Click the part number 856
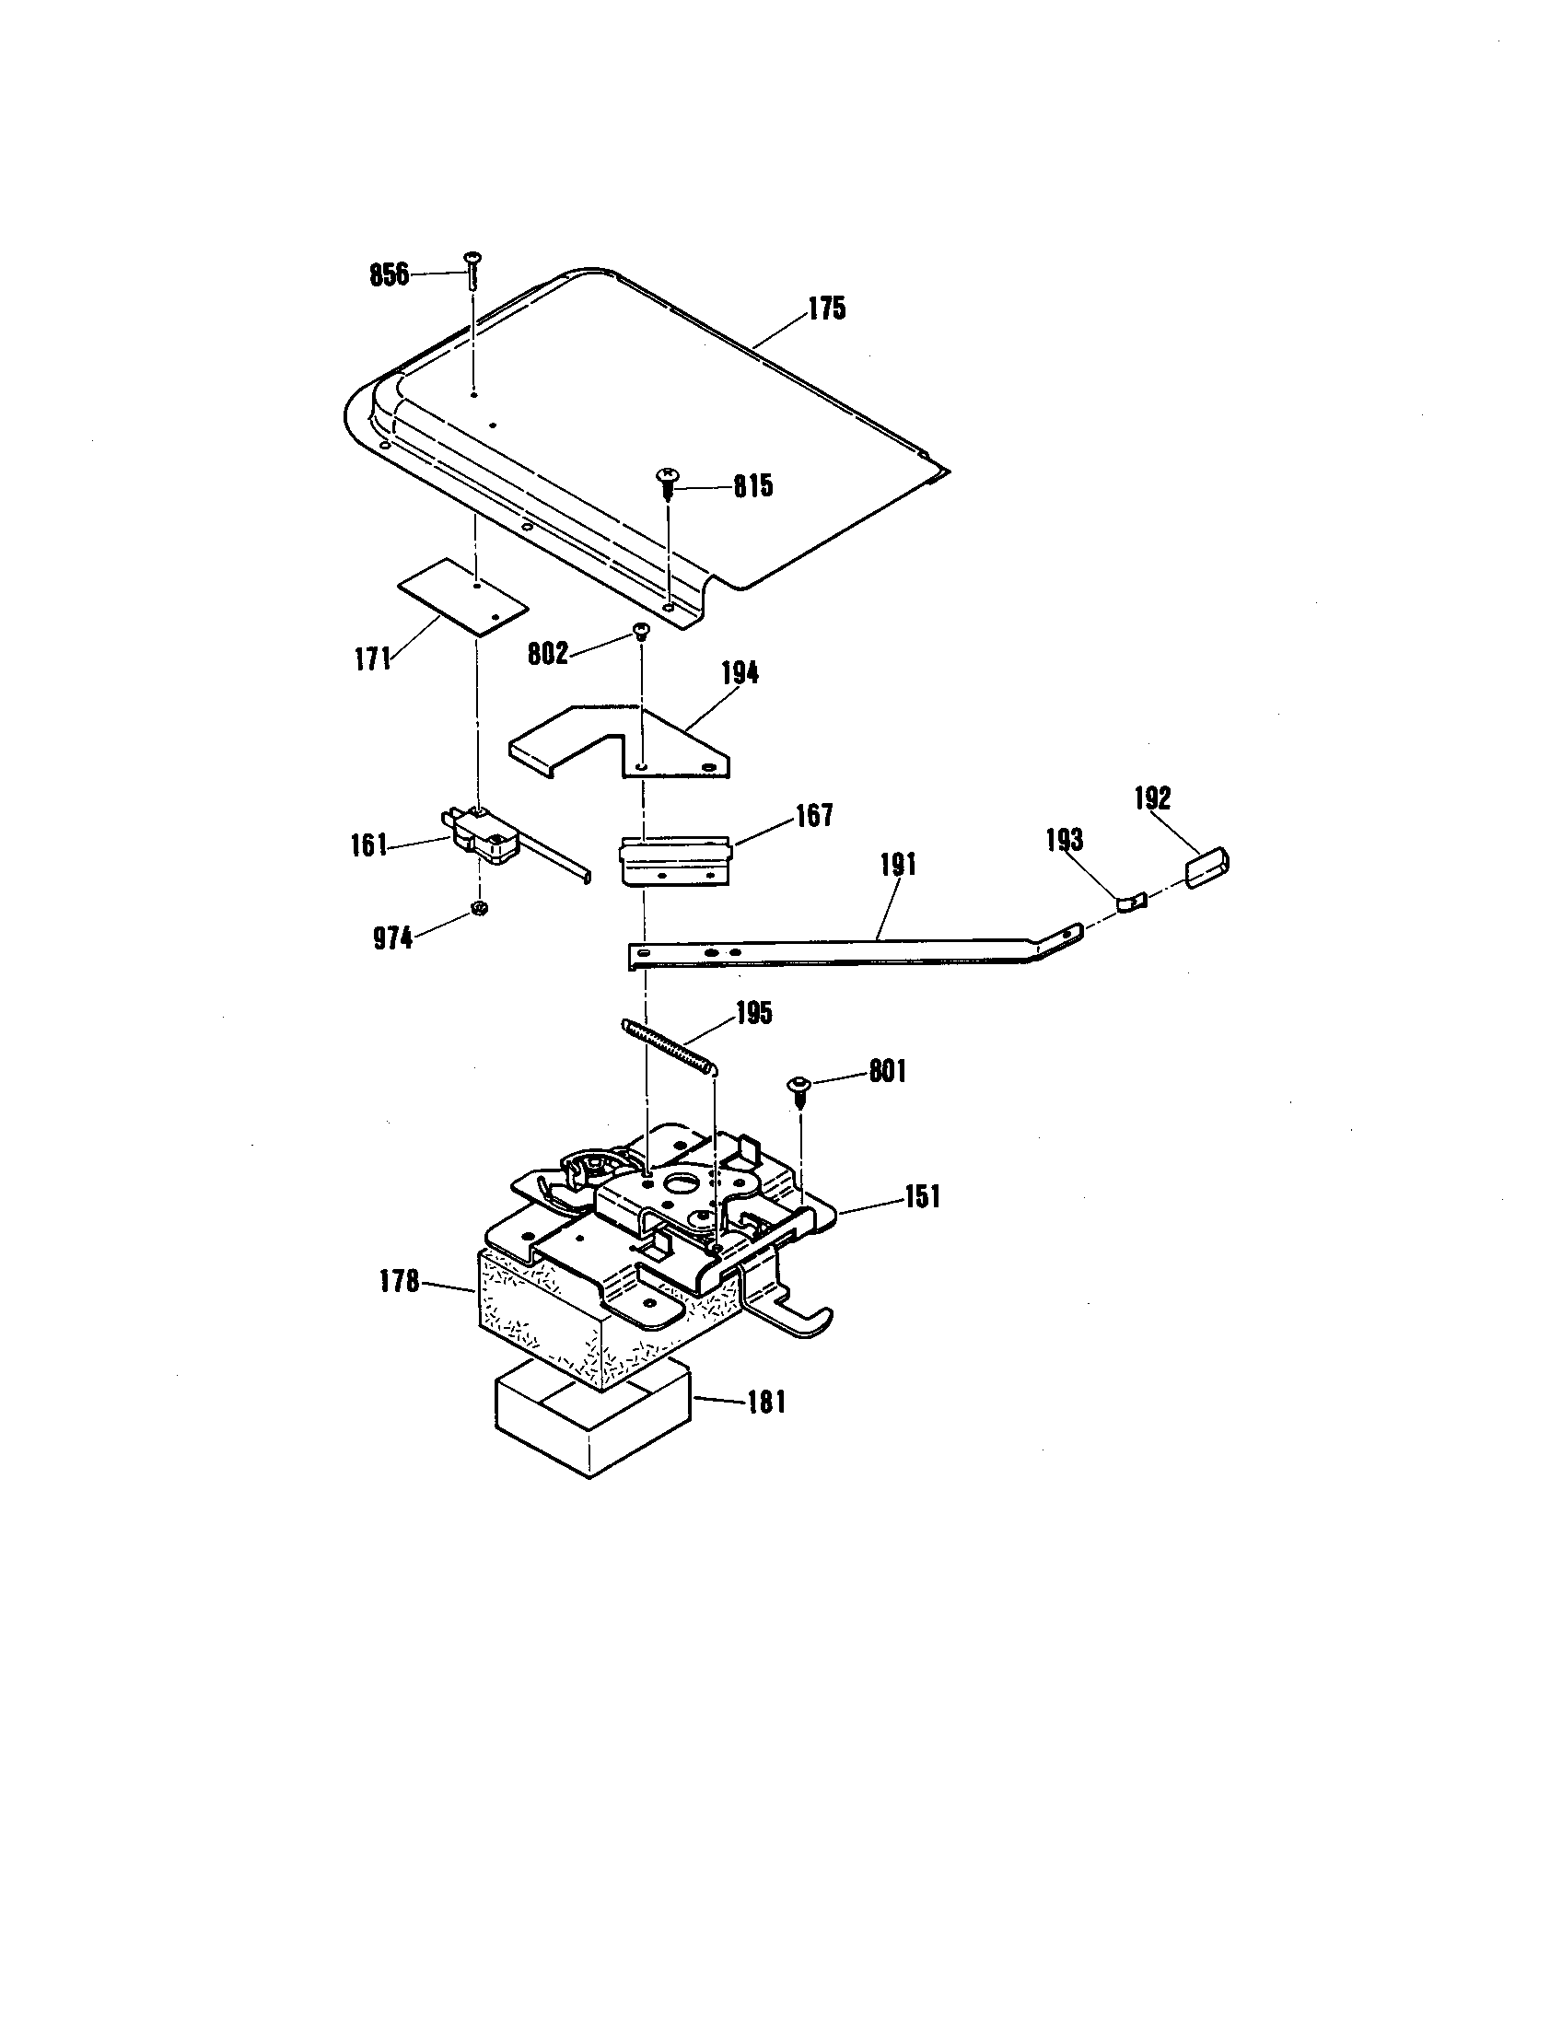click(x=389, y=274)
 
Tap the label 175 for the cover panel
click(x=826, y=309)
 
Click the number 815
click(x=752, y=486)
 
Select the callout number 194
click(x=740, y=673)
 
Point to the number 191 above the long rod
click(x=898, y=865)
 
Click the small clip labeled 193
click(x=1131, y=902)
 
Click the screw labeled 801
click(x=798, y=1089)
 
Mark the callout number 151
click(x=922, y=1196)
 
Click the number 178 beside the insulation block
click(x=400, y=1283)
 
